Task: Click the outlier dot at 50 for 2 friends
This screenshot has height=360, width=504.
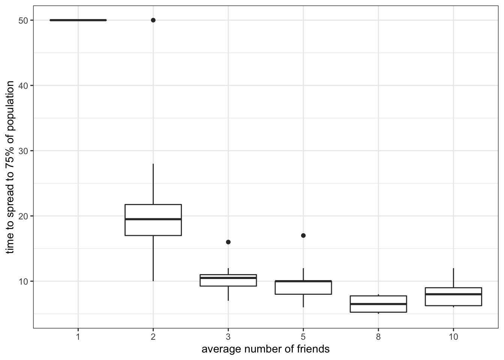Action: (153, 20)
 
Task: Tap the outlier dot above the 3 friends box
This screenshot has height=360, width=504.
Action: (228, 242)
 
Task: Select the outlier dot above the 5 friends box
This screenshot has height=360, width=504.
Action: (303, 235)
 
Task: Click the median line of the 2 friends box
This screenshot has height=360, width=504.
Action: (153, 219)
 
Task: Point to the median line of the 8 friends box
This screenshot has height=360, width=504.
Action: (378, 304)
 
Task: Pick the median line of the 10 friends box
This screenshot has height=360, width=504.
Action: (453, 294)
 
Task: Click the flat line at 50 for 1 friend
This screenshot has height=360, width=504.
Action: (78, 20)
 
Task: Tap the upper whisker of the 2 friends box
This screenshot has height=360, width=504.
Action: (153, 184)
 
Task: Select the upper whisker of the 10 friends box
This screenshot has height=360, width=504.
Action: (453, 277)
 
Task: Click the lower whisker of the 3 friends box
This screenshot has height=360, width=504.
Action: (228, 293)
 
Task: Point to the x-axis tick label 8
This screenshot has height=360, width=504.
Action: (378, 337)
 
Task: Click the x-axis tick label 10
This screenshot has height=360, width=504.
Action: (453, 337)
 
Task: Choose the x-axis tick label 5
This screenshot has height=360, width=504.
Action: (303, 337)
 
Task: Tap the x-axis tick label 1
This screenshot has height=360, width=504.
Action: (78, 337)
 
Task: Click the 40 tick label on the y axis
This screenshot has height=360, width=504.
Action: (23, 85)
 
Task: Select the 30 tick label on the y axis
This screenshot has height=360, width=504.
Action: (23, 151)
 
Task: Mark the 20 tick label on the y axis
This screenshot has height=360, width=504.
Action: (23, 216)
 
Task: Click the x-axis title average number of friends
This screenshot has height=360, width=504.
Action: (265, 349)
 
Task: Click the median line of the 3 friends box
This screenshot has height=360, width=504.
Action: (228, 278)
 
